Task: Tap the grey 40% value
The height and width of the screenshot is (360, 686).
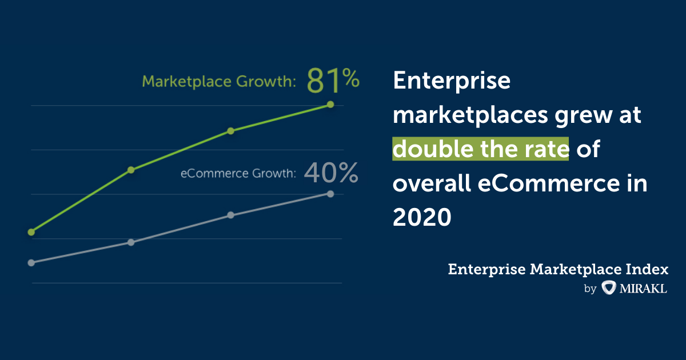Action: pos(331,173)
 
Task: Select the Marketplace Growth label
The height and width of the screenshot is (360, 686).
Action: pos(218,82)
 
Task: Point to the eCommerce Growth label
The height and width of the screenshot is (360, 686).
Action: pos(238,173)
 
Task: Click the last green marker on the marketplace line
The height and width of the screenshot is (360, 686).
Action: pos(330,105)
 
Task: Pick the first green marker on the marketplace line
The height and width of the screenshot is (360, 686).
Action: pos(31,232)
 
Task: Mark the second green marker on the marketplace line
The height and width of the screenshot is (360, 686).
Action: pos(131,170)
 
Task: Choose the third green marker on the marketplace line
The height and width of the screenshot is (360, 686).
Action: pos(231,131)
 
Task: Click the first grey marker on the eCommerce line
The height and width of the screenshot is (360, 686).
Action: pos(31,263)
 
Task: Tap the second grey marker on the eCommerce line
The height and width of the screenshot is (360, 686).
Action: pos(131,242)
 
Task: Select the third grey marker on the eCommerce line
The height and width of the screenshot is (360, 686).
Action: pos(231,215)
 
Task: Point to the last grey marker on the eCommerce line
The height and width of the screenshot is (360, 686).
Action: pos(330,194)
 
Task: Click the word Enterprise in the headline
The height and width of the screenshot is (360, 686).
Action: pos(452,81)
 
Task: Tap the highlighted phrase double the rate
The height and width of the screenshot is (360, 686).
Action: pos(481,149)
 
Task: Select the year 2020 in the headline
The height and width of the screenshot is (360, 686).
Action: pos(422,217)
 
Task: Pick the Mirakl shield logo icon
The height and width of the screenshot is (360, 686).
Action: pos(608,288)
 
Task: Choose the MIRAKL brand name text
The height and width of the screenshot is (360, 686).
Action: pos(643,289)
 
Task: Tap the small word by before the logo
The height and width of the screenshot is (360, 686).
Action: pos(590,289)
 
